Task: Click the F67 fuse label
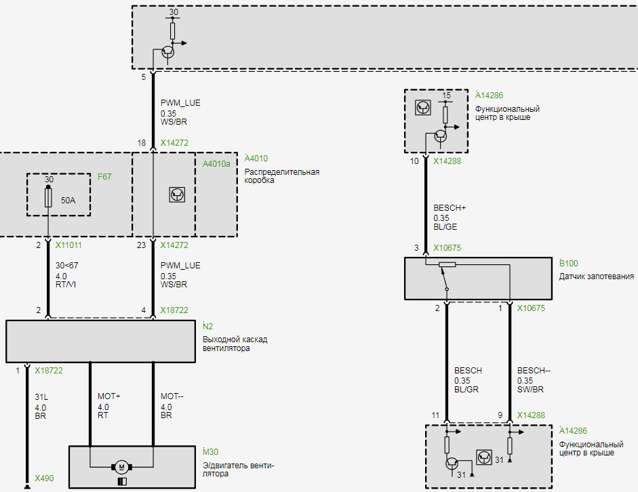[x=104, y=177]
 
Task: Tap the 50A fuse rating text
[x=68, y=201]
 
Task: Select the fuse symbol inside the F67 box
[x=48, y=197]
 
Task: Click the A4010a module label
[x=216, y=164]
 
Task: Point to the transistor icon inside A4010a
[x=177, y=194]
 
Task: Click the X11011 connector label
[x=68, y=245]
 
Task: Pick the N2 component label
[x=207, y=326]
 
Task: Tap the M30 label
[x=210, y=452]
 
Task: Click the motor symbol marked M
[x=121, y=467]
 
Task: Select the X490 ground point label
[x=44, y=478]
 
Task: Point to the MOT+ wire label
[x=108, y=396]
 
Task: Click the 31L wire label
[x=41, y=397]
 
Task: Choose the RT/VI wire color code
[x=66, y=284]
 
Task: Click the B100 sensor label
[x=568, y=263]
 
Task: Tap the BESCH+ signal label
[x=450, y=208]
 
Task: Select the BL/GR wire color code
[x=466, y=389]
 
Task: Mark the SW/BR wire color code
[x=530, y=389]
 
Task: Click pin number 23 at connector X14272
[x=141, y=245]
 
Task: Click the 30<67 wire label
[x=66, y=266]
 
